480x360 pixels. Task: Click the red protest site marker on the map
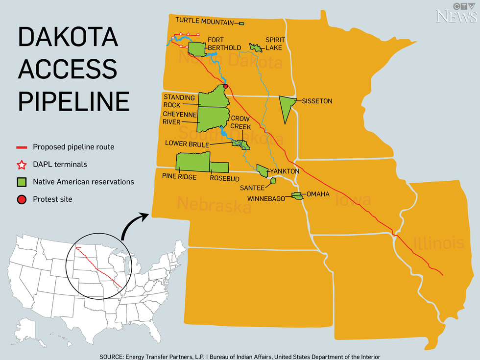click(x=226, y=86)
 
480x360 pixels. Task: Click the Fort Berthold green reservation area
click(x=197, y=49)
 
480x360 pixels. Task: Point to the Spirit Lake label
click(x=274, y=44)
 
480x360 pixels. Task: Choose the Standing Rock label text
click(x=179, y=101)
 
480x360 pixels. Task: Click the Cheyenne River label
click(x=179, y=118)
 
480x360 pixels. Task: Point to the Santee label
click(x=252, y=188)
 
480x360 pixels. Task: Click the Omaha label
click(x=318, y=194)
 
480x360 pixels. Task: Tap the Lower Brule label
click(x=187, y=144)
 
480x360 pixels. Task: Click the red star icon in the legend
click(x=22, y=165)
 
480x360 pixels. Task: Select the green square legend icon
click(x=22, y=182)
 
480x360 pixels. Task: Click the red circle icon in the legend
click(x=22, y=199)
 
